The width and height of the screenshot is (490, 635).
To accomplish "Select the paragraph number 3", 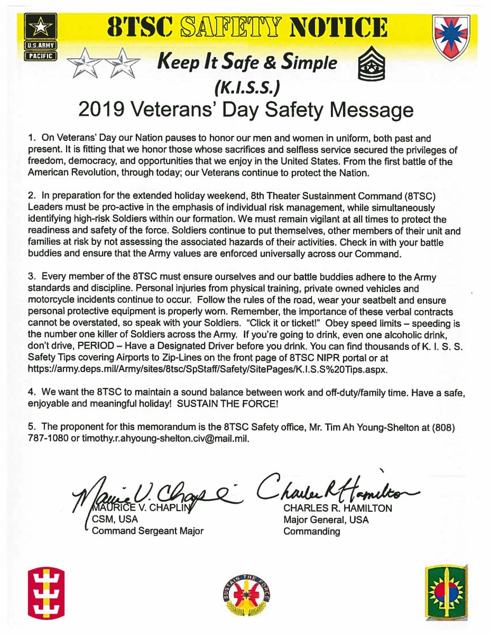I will coord(31,276).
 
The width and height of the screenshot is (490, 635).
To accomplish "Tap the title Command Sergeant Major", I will coord(147,531).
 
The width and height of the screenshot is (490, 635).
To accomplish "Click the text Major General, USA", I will coord(326,520).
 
